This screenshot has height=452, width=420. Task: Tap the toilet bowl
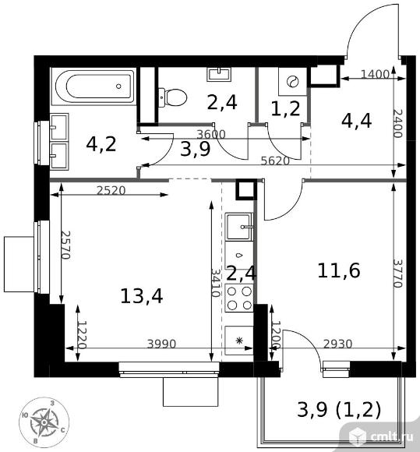[x=172, y=97]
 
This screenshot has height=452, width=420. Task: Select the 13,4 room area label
[x=142, y=296]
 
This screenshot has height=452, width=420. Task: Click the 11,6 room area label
[x=339, y=270]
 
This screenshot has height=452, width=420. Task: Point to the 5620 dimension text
[x=275, y=161]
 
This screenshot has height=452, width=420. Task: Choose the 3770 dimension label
[x=398, y=274]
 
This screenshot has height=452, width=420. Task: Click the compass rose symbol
[x=44, y=422]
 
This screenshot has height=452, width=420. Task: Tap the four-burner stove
[x=239, y=298]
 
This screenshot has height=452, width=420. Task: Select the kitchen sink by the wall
[x=239, y=226]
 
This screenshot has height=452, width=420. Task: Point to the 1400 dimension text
[x=375, y=75]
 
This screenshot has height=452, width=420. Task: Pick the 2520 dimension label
[x=111, y=191]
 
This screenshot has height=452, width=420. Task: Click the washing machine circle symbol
[x=292, y=82]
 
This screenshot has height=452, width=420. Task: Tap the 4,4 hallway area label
[x=356, y=121]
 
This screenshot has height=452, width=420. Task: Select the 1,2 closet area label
[x=285, y=109]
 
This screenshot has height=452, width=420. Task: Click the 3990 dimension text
[x=161, y=344]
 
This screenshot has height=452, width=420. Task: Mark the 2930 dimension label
[x=337, y=344]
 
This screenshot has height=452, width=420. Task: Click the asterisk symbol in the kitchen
[x=239, y=341]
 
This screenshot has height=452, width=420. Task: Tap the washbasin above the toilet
[x=219, y=74]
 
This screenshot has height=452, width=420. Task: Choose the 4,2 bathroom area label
[x=101, y=144]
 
